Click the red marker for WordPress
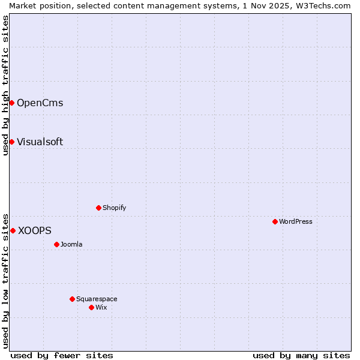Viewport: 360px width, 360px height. [275, 221]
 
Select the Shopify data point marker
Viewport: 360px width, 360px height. [98, 208]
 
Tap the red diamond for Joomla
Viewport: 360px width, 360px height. [56, 244]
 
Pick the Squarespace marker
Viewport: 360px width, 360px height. [72, 299]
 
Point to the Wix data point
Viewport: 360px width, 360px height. [91, 307]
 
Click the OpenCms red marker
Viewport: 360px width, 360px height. [11, 103]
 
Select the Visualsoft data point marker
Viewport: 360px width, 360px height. [11, 142]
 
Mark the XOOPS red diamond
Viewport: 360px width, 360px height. [13, 230]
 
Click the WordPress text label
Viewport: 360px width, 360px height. [296, 221]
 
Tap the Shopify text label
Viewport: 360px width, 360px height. [114, 208]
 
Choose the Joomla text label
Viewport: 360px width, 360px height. [71, 244]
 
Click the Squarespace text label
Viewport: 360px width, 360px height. [97, 299]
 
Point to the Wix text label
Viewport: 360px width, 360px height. [101, 307]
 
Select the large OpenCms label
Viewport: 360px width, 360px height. [40, 103]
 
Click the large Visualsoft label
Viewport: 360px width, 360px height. [40, 142]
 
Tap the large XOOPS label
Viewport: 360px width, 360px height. [35, 230]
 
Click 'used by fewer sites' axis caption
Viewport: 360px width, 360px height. [62, 355]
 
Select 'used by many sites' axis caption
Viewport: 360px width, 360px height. [301, 355]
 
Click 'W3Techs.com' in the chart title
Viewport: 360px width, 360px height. [326, 5]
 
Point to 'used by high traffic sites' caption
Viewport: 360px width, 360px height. [5, 85]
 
